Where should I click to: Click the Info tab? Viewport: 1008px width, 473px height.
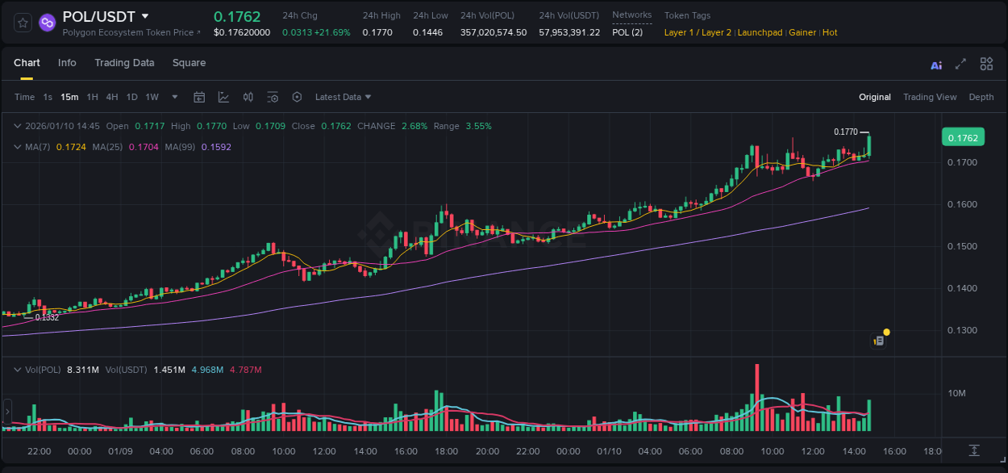pyautogui.click(x=67, y=63)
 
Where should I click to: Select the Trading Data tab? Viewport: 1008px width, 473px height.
pyautogui.click(x=124, y=63)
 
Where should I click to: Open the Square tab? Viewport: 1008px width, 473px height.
pyautogui.click(x=189, y=63)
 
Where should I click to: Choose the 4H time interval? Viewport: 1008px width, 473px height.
pyautogui.click(x=112, y=97)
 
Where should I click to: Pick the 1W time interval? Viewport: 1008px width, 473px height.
pyautogui.click(x=152, y=97)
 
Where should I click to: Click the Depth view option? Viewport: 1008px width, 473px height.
pyautogui.click(x=981, y=97)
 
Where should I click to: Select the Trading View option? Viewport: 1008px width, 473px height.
pyautogui.click(x=929, y=97)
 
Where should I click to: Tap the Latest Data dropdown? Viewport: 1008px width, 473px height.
pyautogui.click(x=343, y=97)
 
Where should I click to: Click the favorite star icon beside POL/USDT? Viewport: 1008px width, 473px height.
pyautogui.click(x=23, y=23)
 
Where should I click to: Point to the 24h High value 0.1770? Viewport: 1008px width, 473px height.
pyautogui.click(x=377, y=32)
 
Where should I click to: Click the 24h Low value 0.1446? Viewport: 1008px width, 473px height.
pyautogui.click(x=427, y=32)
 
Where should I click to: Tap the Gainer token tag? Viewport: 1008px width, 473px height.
pyautogui.click(x=802, y=32)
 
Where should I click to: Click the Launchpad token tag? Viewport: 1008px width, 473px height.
pyautogui.click(x=760, y=32)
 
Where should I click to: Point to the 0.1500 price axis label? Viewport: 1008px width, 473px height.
pyautogui.click(x=962, y=246)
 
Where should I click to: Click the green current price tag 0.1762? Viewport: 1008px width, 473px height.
pyautogui.click(x=963, y=138)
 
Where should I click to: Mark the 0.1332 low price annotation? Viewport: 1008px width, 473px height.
pyautogui.click(x=47, y=317)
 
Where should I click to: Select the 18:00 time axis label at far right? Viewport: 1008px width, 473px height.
pyautogui.click(x=933, y=451)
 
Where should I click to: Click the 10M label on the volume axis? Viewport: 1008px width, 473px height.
pyautogui.click(x=956, y=393)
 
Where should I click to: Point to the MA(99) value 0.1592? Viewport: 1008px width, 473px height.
pyautogui.click(x=216, y=147)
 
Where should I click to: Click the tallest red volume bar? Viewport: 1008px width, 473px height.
pyautogui.click(x=757, y=398)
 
